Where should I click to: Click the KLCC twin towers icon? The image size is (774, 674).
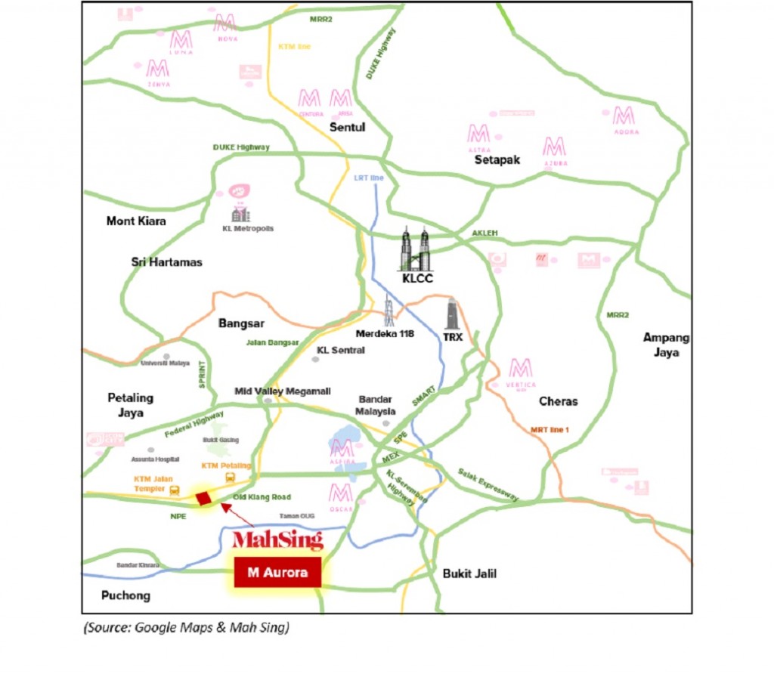pos(415,249)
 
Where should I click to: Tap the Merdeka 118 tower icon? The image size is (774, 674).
pos(389,310)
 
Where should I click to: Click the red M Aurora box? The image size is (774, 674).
pos(278,573)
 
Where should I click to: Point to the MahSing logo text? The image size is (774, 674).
pos(277,540)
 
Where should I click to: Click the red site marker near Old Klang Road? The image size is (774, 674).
pos(203,498)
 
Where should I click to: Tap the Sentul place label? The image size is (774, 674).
pos(347,127)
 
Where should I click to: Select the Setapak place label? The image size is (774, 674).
pos(497,159)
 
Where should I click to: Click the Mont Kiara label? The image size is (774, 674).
pos(136,221)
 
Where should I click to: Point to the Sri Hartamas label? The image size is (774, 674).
pos(167,261)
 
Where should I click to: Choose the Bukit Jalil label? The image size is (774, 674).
pos(469,574)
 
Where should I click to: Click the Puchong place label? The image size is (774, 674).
pos(125,595)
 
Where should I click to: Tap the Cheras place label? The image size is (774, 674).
pos(558,401)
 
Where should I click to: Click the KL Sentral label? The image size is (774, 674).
pos(341,351)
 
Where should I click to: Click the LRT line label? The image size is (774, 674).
pos(369,178)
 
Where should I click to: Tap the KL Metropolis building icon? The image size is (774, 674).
pos(240,215)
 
